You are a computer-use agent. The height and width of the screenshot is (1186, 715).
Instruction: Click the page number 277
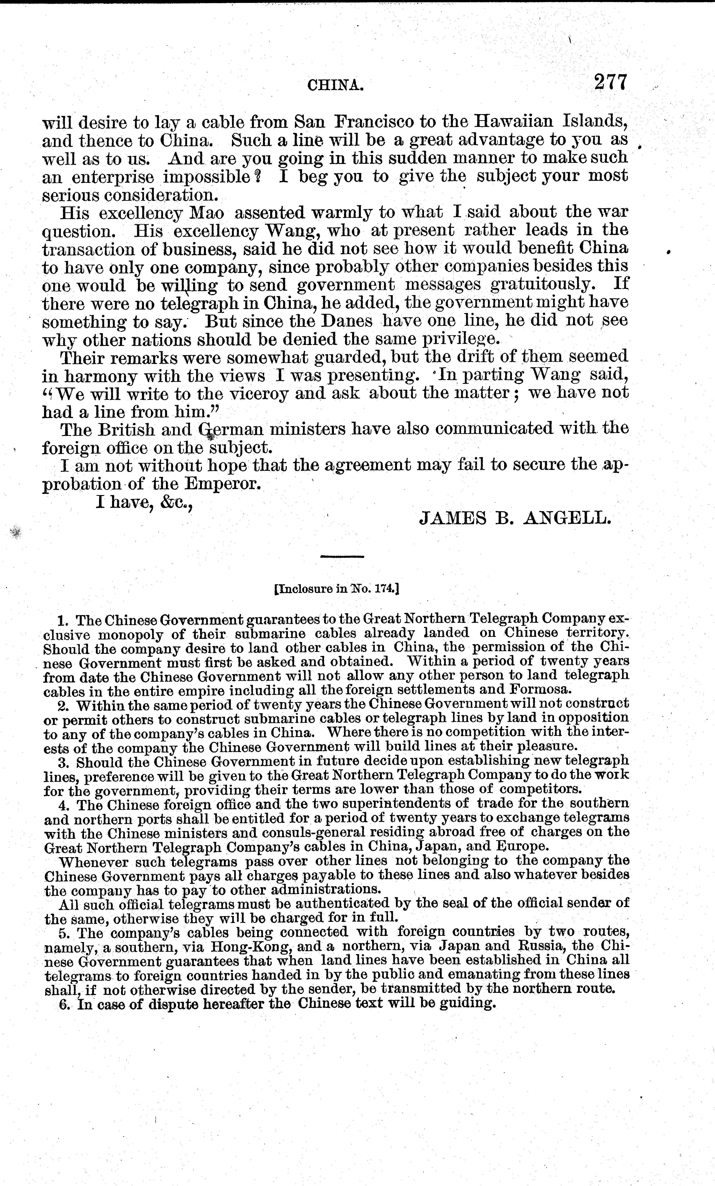tap(611, 82)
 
